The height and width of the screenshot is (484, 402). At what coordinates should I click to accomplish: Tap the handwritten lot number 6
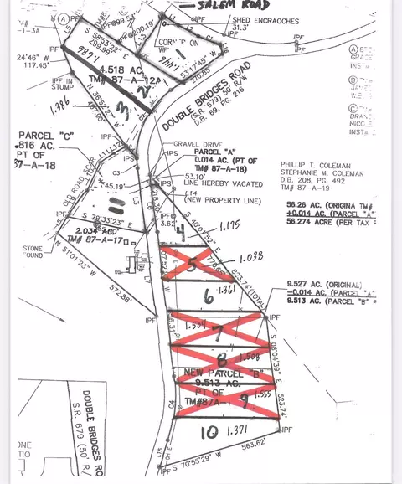209,294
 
